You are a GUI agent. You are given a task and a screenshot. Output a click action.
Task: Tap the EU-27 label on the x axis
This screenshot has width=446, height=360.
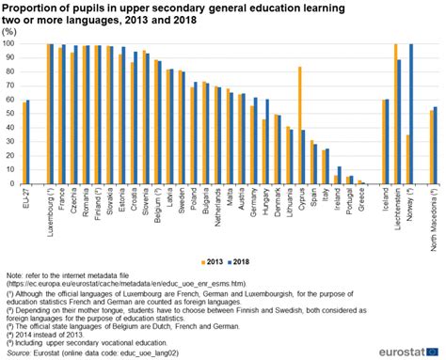tap(26, 198)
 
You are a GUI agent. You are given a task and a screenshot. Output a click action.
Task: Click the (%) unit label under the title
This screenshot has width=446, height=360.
tap(9, 31)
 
